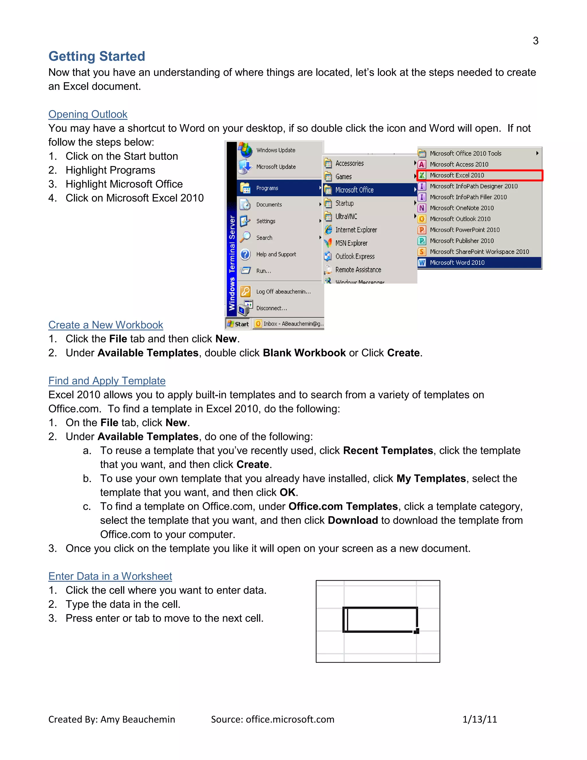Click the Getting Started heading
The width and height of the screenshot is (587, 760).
pyautogui.click(x=97, y=56)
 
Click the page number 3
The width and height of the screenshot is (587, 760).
pyautogui.click(x=535, y=41)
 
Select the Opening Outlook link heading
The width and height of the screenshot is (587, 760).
pyautogui.click(x=88, y=114)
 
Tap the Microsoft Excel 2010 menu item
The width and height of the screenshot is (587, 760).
pyautogui.click(x=457, y=176)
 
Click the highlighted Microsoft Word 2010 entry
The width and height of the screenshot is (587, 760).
pyautogui.click(x=457, y=263)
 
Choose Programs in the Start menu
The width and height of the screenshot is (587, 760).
pyautogui.click(x=267, y=188)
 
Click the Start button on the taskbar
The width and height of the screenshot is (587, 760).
pyautogui.click(x=238, y=324)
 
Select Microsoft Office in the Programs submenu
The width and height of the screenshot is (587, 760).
pyautogui.click(x=354, y=190)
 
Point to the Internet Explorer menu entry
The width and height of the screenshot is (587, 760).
pyautogui.click(x=356, y=230)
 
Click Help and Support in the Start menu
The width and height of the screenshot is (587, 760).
pyautogui.click(x=276, y=254)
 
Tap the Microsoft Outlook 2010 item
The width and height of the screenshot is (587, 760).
pyautogui.click(x=460, y=219)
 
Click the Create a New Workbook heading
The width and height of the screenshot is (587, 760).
pyautogui.click(x=106, y=325)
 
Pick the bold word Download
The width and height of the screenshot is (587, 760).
pyautogui.click(x=353, y=520)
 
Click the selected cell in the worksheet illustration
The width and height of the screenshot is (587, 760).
pyautogui.click(x=380, y=620)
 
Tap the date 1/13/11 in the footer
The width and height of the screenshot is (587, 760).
pyautogui.click(x=480, y=719)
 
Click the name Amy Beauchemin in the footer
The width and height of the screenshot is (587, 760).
pyautogui.click(x=138, y=719)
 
